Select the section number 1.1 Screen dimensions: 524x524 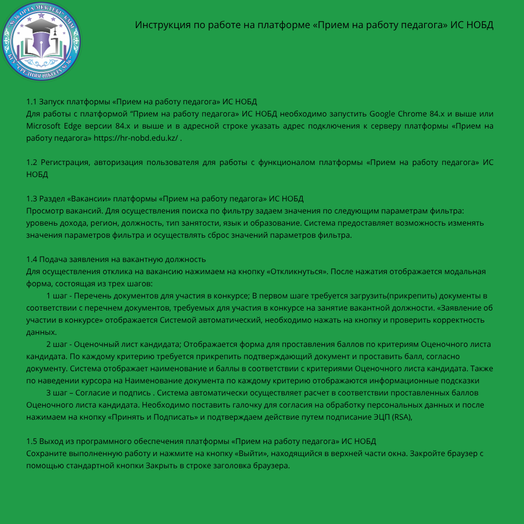32,102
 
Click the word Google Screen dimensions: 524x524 382,114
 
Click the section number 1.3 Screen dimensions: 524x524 32,198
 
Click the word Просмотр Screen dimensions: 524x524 45,211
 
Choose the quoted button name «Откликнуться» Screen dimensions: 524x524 296,272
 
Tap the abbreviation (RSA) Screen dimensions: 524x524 401,417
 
